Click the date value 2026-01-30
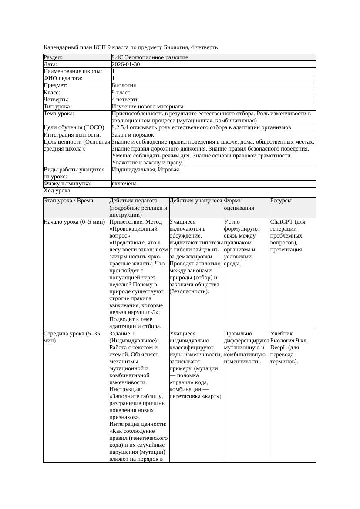[x=126, y=64]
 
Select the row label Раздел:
[x=53, y=57]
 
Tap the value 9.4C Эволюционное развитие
[x=150, y=57]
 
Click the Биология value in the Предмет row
[x=124, y=85]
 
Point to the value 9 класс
[x=121, y=93]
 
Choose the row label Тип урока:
[x=57, y=107]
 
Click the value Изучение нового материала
[x=148, y=107]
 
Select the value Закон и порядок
[x=133, y=135]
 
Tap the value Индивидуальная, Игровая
[x=145, y=170]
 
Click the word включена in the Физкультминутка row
[x=124, y=184]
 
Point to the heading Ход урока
[x=57, y=191]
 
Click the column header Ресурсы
[x=281, y=201]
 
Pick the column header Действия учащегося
[x=195, y=201]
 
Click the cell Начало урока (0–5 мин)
[x=74, y=222]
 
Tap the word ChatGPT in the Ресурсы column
[x=282, y=222]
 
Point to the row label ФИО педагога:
[x=63, y=78]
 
